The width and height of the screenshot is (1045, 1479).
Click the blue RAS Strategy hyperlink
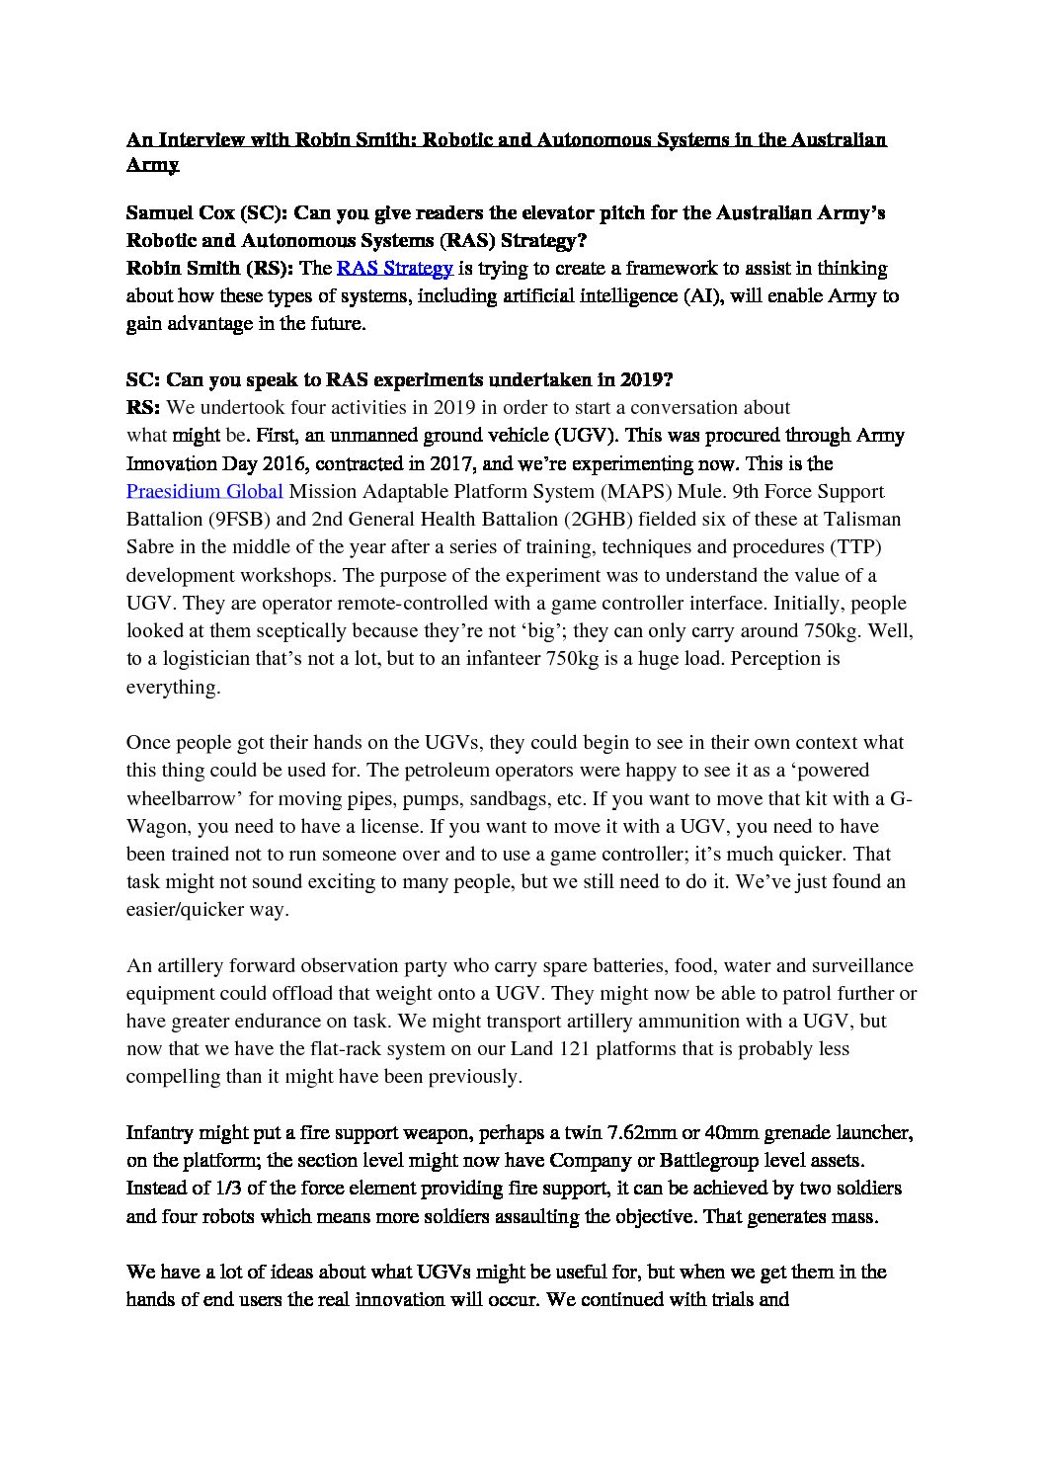pos(394,268)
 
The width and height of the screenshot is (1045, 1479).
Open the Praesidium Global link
pos(204,491)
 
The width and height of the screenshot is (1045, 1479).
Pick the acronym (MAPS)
pos(634,491)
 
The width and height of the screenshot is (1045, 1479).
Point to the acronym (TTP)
pos(856,546)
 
